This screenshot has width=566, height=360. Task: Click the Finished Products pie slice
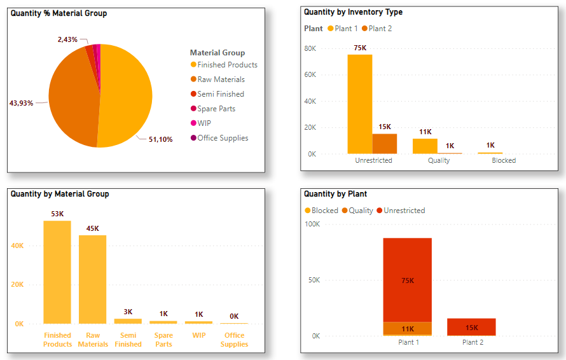click(x=127, y=95)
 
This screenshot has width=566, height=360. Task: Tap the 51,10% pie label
click(x=160, y=139)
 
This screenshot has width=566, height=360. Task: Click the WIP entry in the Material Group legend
click(x=204, y=123)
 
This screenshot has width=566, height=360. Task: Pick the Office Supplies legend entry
click(x=223, y=138)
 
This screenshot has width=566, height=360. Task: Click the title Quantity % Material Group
click(x=59, y=13)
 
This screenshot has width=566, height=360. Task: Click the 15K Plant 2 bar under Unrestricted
click(x=385, y=144)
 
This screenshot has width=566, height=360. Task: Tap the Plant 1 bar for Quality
click(x=425, y=146)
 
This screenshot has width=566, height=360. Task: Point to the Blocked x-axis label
click(x=504, y=160)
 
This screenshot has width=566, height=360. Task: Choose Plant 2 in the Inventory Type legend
click(x=380, y=29)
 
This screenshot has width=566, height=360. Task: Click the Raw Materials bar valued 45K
click(x=93, y=280)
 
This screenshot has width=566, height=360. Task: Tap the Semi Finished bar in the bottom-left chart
click(x=128, y=321)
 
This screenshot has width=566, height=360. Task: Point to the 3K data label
click(x=128, y=312)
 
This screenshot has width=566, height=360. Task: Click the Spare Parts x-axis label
click(x=163, y=340)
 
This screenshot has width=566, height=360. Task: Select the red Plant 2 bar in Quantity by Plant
click(x=471, y=327)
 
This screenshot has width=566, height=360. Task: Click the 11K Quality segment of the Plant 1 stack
click(x=407, y=328)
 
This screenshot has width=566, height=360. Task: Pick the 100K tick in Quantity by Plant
click(x=312, y=224)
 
